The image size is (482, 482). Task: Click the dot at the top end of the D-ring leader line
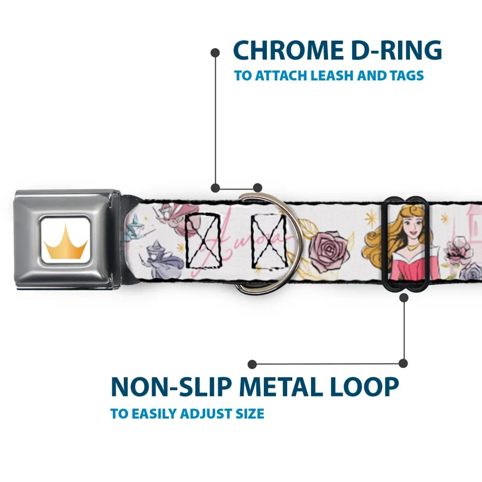(x=215, y=53)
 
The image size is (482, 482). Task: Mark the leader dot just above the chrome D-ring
(x=257, y=188)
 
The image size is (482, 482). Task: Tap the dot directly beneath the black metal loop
(x=403, y=297)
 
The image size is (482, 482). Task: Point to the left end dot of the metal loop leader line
(x=252, y=364)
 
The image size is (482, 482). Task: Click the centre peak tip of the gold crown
(x=65, y=225)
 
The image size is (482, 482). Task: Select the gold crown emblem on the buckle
(x=65, y=241)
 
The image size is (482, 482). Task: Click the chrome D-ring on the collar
(x=267, y=243)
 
